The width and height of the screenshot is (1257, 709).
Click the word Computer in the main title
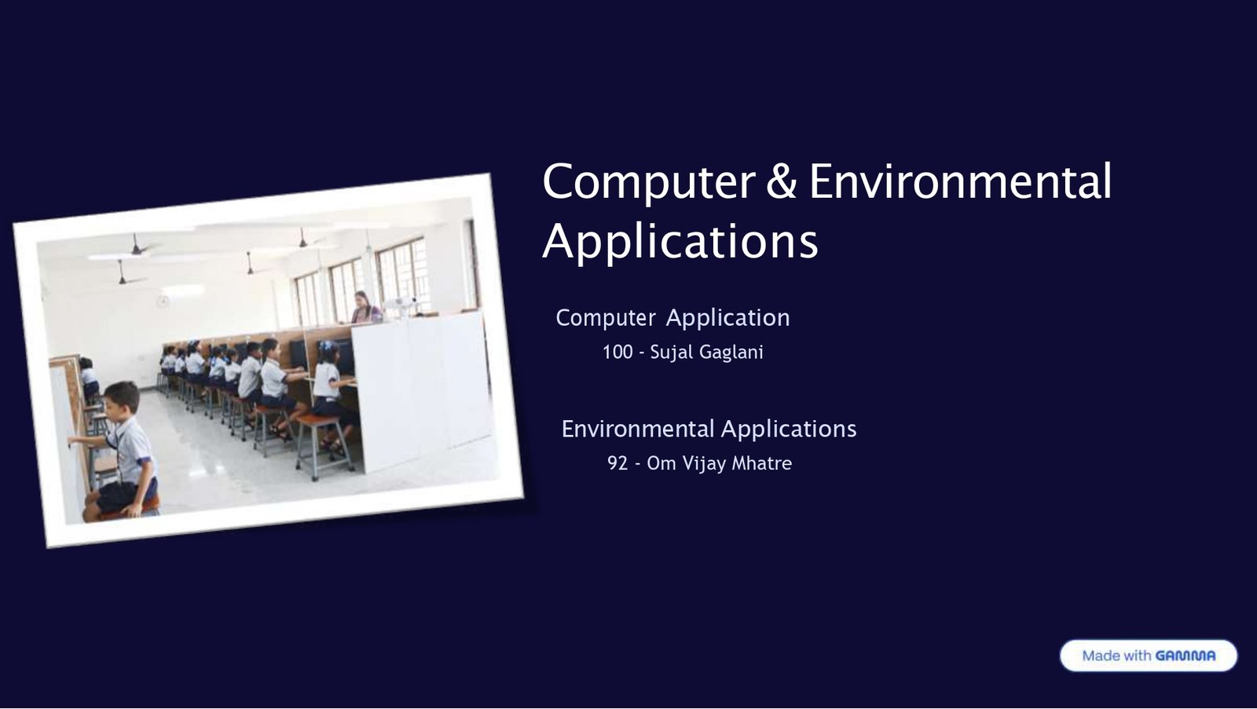point(648,182)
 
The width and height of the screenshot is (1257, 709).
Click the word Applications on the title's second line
point(680,241)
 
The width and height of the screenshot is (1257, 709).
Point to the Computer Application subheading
point(672,317)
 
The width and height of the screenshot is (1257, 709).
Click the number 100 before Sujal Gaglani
point(618,352)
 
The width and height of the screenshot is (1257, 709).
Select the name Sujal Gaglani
point(706,352)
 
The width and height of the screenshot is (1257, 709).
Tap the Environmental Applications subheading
point(709,429)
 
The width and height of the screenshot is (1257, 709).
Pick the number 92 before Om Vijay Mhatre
point(618,463)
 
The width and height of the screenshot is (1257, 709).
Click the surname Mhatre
point(761,463)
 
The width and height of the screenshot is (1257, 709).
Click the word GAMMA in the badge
point(1186,656)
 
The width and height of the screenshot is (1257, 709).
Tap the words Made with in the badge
point(1116,656)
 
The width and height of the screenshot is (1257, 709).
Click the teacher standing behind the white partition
point(362,307)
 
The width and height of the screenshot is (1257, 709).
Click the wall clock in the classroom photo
point(163,301)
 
